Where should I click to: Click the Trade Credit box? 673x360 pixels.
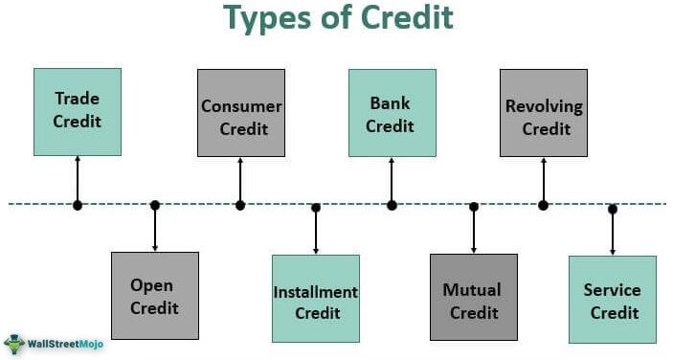[78, 111]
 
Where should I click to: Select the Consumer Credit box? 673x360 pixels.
[241, 112]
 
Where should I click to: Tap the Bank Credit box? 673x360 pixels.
[392, 112]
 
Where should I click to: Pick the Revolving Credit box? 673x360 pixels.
[544, 112]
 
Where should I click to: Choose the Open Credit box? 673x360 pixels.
[154, 296]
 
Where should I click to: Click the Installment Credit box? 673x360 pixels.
[316, 298]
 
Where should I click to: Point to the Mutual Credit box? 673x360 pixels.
[473, 298]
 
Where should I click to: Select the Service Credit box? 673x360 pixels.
[613, 299]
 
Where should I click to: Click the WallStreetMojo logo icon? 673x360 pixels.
[15, 343]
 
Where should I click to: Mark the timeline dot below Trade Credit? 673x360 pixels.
[78, 204]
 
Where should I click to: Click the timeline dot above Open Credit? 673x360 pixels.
[155, 204]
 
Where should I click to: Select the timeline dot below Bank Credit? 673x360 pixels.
[392, 204]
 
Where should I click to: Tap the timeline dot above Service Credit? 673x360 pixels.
[613, 208]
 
